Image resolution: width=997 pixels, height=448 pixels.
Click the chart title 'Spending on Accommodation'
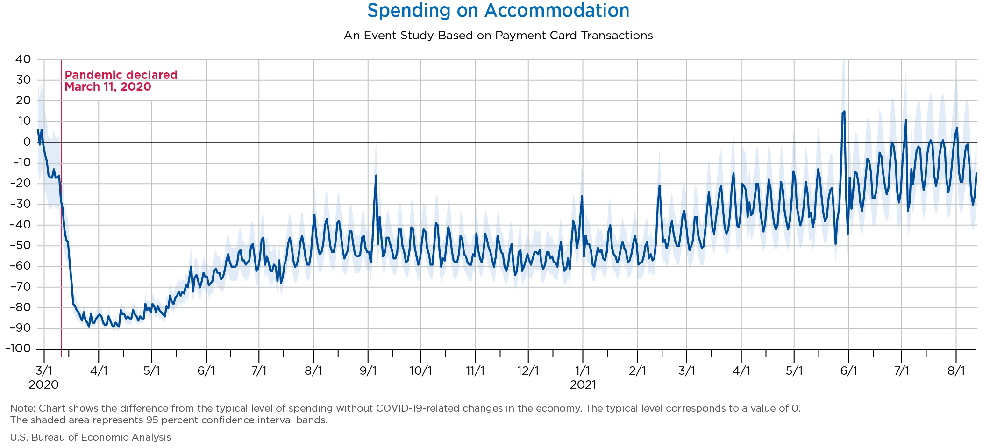tap(498, 11)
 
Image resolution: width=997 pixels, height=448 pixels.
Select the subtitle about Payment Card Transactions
tap(498, 36)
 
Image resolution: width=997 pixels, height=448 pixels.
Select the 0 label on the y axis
tap(27, 142)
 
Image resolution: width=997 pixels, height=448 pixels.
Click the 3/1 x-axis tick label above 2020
tap(44, 371)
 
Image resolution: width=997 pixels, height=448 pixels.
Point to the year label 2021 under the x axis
tap(583, 385)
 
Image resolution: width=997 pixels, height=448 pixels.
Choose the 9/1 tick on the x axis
tap(368, 371)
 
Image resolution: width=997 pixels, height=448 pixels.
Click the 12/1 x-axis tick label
tap(528, 371)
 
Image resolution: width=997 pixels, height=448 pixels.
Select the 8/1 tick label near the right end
tap(956, 371)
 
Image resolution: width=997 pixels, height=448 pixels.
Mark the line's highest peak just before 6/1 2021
tap(844, 112)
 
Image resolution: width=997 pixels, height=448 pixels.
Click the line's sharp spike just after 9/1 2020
tap(376, 176)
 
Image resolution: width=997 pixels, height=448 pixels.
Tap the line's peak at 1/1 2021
tap(582, 197)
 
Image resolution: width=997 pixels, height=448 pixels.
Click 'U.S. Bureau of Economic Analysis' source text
tap(91, 437)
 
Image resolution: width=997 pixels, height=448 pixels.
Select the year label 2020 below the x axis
tap(44, 385)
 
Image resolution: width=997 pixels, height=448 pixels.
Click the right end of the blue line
tap(976, 174)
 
